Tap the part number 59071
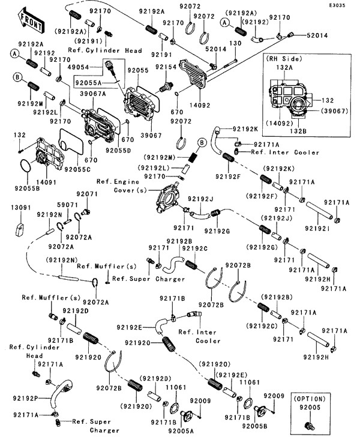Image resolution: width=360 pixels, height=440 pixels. click(67, 205)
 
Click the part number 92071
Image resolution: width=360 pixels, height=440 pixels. click(86, 194)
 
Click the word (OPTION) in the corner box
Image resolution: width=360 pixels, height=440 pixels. click(310, 399)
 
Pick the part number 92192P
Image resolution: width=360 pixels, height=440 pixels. click(24, 398)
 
